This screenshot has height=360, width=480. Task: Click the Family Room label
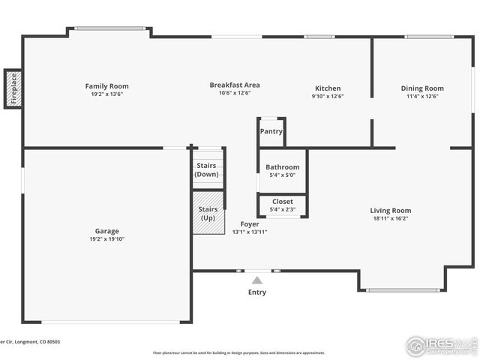tap(106, 86)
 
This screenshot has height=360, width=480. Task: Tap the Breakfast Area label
tap(234, 85)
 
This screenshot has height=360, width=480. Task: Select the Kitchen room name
tap(327, 88)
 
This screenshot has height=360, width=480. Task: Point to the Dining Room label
tap(422, 88)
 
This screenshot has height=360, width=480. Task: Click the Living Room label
tap(391, 210)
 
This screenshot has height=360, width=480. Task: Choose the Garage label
tap(106, 231)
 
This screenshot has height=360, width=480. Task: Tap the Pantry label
tap(271, 131)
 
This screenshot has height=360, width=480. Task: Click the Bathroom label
tap(283, 167)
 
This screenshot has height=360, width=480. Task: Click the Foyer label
tap(249, 223)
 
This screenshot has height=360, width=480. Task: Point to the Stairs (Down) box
tap(206, 169)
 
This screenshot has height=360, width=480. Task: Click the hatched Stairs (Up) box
tap(208, 213)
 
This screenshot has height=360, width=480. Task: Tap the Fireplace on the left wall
tap(13, 88)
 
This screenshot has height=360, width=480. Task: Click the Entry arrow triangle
tap(257, 280)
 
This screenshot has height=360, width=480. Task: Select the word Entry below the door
tap(256, 292)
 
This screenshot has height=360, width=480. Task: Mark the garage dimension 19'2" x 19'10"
tap(106, 239)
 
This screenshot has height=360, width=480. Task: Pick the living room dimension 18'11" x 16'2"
tap(391, 218)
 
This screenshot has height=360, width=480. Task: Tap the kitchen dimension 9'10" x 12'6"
tap(327, 96)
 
